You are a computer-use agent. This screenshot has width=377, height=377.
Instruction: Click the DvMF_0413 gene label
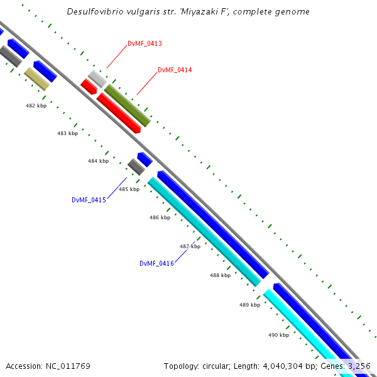click(145, 43)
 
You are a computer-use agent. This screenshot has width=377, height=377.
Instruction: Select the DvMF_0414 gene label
click(175, 70)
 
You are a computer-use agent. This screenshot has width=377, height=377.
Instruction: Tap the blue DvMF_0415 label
click(89, 200)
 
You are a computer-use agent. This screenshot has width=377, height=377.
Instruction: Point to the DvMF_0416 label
click(156, 263)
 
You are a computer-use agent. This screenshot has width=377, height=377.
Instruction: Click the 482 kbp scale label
click(36, 106)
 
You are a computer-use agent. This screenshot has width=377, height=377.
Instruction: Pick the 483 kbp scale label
click(67, 133)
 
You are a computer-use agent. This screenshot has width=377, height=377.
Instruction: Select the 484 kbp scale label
click(98, 161)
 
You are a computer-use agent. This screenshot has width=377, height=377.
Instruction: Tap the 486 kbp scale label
click(160, 217)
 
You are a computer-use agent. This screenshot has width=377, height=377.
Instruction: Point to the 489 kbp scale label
click(249, 305)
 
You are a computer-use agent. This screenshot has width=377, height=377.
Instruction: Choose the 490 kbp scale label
click(278, 335)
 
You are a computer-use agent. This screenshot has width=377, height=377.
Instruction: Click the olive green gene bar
click(127, 106)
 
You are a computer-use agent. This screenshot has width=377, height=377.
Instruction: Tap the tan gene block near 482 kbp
click(37, 79)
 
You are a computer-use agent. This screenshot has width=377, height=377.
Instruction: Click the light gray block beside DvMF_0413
click(97, 79)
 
